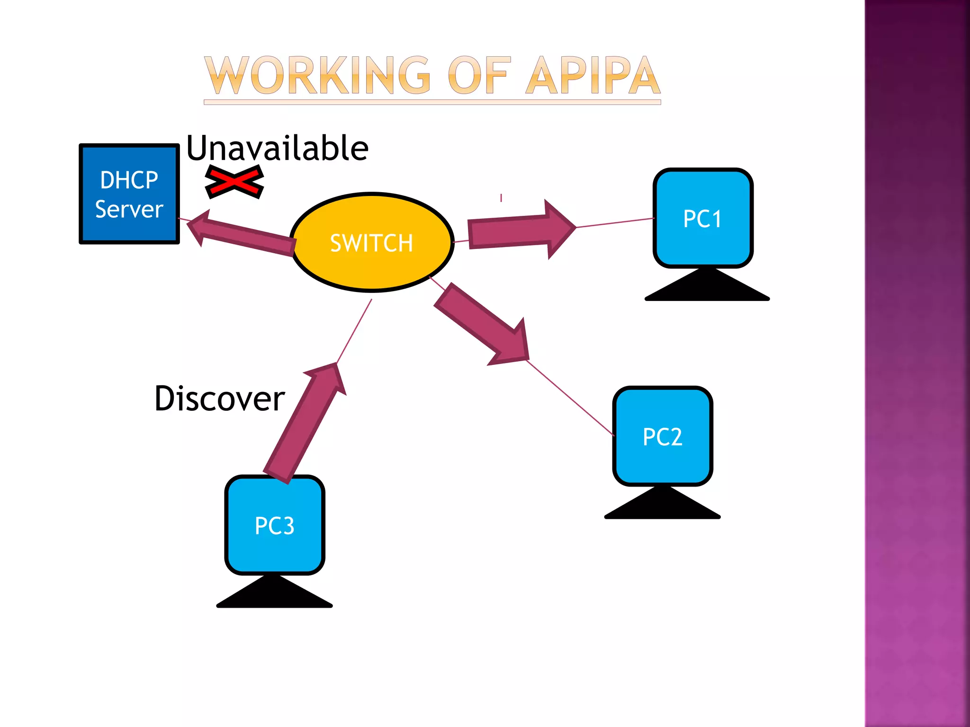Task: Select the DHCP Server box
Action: (x=129, y=194)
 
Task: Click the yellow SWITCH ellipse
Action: (x=372, y=242)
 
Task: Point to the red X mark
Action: (x=234, y=182)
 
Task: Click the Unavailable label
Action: (x=277, y=148)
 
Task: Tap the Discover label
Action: (x=219, y=399)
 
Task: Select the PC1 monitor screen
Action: (x=702, y=218)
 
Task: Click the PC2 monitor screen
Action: (x=662, y=436)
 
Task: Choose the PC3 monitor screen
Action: (x=274, y=525)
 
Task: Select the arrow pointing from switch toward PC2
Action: (x=483, y=324)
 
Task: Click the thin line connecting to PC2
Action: (x=571, y=398)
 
